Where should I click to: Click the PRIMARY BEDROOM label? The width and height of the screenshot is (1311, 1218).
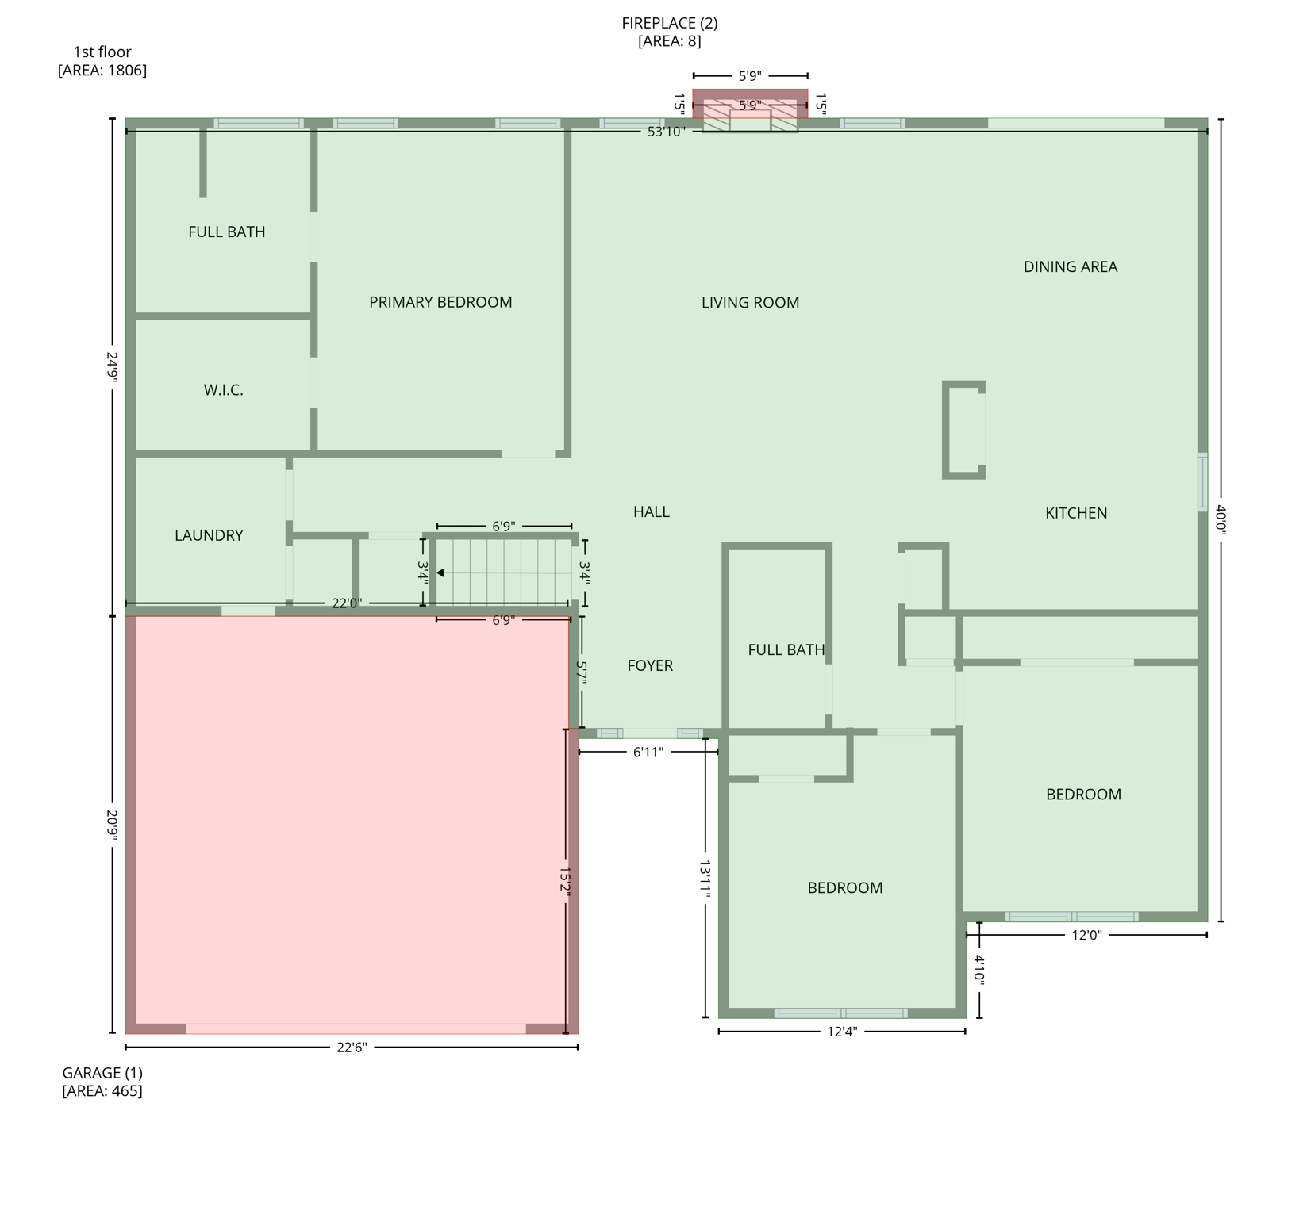(x=440, y=302)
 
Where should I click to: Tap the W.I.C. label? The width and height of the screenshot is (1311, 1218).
(x=223, y=390)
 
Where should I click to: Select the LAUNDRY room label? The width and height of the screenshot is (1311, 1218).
(x=209, y=535)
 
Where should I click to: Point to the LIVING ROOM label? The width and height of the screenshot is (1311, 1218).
(x=750, y=302)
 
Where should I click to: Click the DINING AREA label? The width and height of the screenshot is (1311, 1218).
(x=1070, y=266)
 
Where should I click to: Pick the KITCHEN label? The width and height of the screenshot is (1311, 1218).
(x=1075, y=513)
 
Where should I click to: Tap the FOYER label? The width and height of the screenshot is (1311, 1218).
(x=650, y=665)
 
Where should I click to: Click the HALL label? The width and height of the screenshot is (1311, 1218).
(x=651, y=511)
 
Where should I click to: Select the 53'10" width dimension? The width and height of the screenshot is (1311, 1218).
(x=666, y=132)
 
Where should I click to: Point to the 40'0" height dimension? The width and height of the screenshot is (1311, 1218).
(x=1221, y=520)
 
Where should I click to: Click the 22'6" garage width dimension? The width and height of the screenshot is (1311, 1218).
(x=352, y=1048)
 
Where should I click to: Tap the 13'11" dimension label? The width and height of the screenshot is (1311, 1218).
(x=705, y=879)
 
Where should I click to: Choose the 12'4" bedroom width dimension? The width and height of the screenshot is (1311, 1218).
(x=842, y=1032)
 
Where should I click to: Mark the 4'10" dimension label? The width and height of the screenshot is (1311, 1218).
(x=979, y=970)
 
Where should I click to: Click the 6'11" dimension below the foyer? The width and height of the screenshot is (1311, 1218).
(x=648, y=752)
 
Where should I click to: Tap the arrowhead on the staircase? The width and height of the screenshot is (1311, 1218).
(x=440, y=573)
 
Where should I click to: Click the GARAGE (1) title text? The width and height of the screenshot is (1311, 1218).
(x=102, y=1073)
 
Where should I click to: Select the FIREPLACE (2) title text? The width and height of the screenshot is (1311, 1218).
(x=669, y=23)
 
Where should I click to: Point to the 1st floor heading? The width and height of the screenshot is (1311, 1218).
(x=102, y=52)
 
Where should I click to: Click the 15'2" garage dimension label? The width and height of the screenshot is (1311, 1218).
(x=565, y=880)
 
